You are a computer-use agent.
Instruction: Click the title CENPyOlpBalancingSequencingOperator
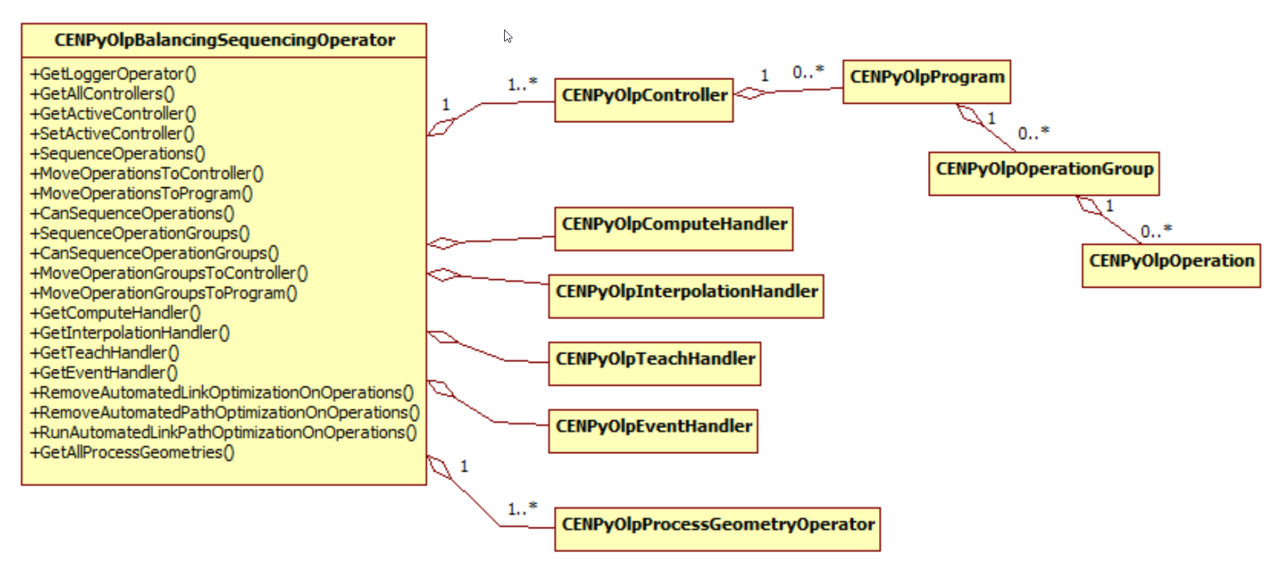tap(225, 40)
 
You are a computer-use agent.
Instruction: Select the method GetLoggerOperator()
tap(113, 74)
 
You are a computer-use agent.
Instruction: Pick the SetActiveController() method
tap(112, 133)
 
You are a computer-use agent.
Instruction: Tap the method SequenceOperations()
tap(118, 153)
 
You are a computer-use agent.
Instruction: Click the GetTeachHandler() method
tap(105, 352)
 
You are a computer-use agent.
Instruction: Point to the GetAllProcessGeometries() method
tap(132, 452)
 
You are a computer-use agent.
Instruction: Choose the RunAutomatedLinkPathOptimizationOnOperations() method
tap(223, 432)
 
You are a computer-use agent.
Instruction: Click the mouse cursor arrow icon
tap(508, 36)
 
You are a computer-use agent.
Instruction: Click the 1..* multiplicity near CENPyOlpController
tap(522, 84)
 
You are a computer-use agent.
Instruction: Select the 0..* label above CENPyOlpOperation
tap(1156, 231)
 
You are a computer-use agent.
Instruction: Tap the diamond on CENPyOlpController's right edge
tap(749, 93)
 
